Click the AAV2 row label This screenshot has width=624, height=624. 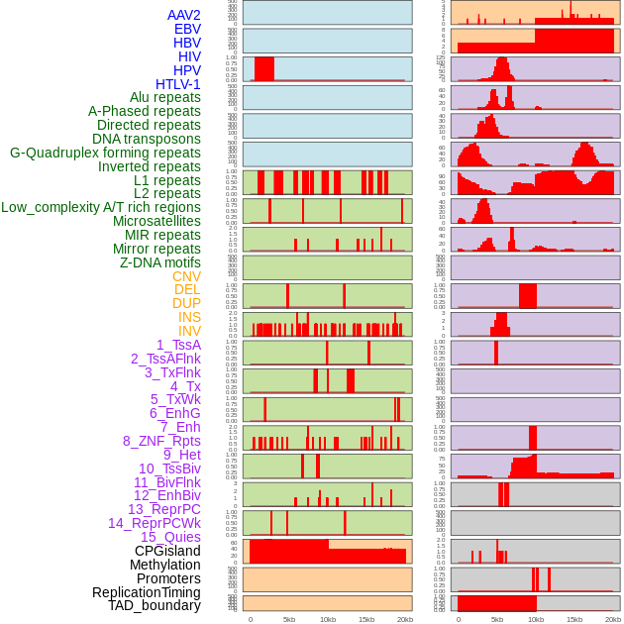(184, 15)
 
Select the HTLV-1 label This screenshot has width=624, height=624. (178, 84)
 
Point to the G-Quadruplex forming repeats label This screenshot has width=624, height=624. (105, 153)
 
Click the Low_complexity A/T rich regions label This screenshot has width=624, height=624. (101, 207)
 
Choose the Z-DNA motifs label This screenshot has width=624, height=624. (160, 262)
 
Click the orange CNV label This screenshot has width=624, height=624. (186, 276)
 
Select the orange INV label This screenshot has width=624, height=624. (189, 331)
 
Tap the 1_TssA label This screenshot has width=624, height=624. (178, 345)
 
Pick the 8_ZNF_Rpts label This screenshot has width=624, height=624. (161, 441)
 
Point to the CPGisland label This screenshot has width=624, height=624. (167, 551)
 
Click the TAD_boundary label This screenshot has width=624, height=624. (155, 605)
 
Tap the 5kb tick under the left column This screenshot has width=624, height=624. (289, 619)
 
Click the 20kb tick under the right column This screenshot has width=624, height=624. (613, 619)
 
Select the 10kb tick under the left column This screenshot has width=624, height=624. (328, 619)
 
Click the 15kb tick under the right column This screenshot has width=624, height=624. (574, 619)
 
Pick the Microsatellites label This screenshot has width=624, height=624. (156, 221)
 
